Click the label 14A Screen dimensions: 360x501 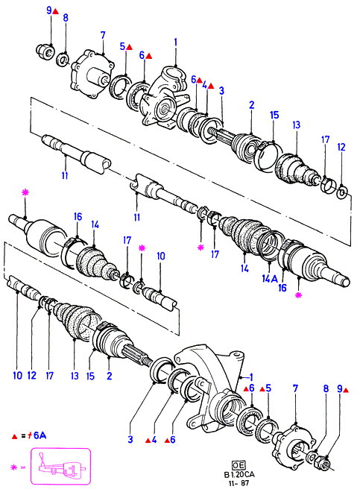[270, 279]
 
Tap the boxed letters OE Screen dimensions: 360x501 [238, 465]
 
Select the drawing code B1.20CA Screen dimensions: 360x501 [239, 474]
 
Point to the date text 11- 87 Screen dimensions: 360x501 [239, 482]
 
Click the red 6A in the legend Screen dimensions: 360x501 [39, 435]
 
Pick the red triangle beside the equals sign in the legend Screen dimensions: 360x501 [14, 436]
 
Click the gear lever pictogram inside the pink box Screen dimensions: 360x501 [60, 466]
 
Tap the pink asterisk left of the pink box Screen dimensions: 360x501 [13, 467]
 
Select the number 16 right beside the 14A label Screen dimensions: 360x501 [282, 288]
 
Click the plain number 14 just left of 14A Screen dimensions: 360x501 [244, 268]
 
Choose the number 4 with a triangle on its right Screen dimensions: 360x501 [204, 86]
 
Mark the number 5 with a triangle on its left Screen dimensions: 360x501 [268, 388]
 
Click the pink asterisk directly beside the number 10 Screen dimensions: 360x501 [142, 248]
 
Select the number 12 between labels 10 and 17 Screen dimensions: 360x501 [32, 376]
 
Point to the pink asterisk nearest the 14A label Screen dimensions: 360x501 [298, 295]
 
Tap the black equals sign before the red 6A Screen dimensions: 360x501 [23, 436]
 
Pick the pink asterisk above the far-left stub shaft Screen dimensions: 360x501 [25, 192]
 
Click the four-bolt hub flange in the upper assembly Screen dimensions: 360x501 [92, 75]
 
